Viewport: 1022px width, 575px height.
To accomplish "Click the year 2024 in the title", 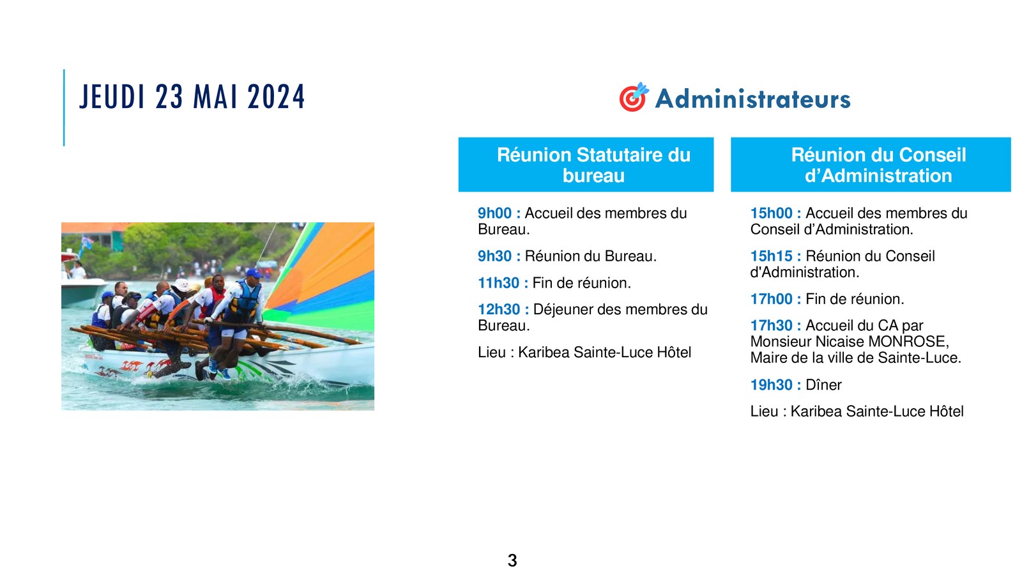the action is coord(276,96).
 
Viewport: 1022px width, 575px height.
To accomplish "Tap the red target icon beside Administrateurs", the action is coord(633,97).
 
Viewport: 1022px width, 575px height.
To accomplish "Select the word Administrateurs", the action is coord(753,99).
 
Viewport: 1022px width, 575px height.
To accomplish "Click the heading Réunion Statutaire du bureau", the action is coord(593,165).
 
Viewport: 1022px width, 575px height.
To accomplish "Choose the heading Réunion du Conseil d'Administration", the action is coord(878,165).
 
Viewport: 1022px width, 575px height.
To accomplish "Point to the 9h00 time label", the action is coord(494,213).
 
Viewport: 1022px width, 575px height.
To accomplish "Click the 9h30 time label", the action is coord(494,256).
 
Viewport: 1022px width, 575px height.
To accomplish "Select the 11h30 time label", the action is coord(498,283).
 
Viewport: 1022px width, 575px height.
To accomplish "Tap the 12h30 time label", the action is coord(499,309).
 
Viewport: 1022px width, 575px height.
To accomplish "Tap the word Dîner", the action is coord(823,385).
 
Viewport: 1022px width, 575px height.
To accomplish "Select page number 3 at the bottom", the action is coord(512,560).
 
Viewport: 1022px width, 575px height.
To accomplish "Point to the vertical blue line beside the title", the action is coord(64,108).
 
